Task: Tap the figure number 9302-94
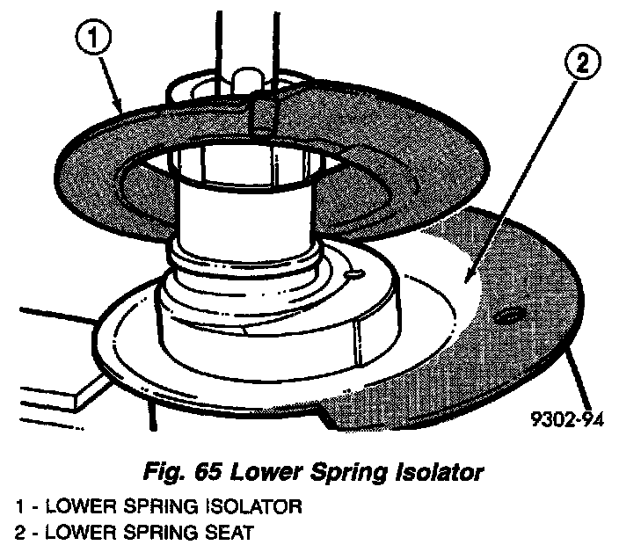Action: click(x=568, y=419)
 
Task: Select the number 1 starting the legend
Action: click(x=19, y=507)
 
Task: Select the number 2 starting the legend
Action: click(x=19, y=531)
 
